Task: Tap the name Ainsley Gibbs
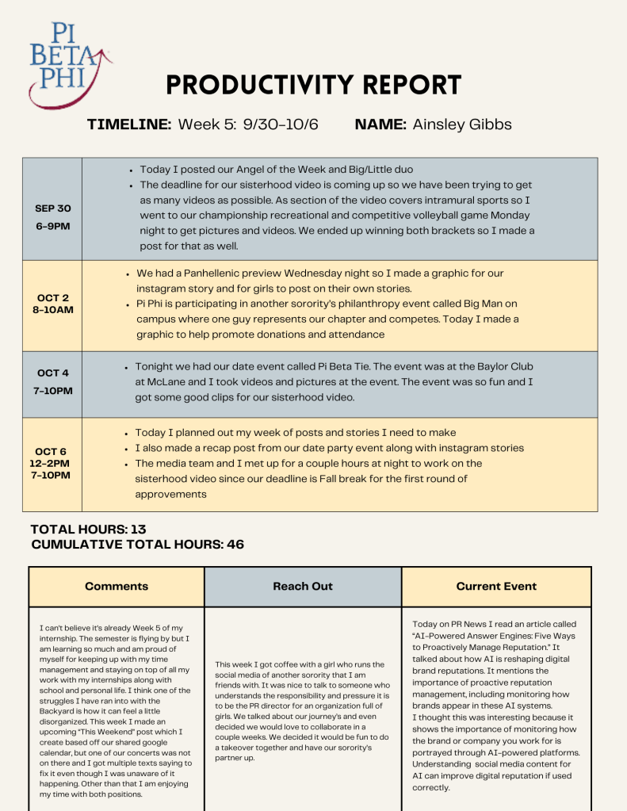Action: point(462,124)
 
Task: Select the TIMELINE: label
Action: point(129,124)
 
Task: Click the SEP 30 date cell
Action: point(53,208)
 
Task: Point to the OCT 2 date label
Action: point(53,298)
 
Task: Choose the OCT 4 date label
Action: point(53,373)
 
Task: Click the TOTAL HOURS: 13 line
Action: point(88,530)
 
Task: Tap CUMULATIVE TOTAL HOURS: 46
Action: point(137,545)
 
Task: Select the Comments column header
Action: point(117,587)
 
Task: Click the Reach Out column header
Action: point(303,587)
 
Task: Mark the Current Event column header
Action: point(496,587)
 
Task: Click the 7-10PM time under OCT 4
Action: point(53,390)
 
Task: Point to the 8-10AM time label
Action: point(53,309)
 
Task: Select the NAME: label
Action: point(381,124)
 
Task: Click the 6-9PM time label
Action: point(53,225)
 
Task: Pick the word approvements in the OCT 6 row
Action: point(170,493)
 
